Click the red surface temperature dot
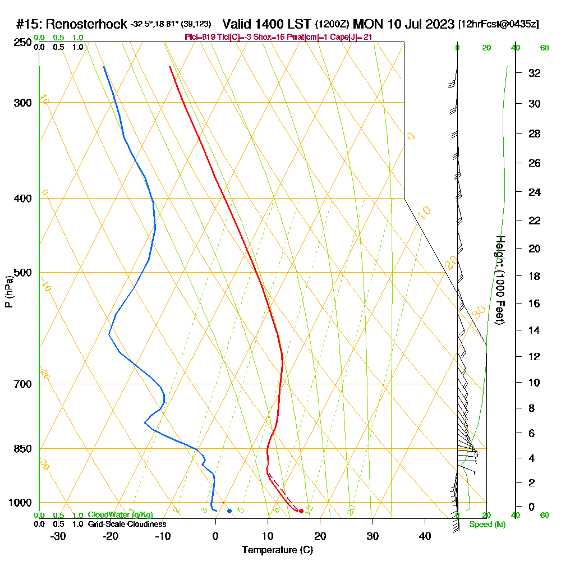(301, 511)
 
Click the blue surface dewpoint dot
(229, 511)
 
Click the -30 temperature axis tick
(58, 536)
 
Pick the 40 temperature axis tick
(425, 536)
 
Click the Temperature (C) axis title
(277, 550)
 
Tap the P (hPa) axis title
(8, 292)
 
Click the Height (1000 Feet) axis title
(500, 280)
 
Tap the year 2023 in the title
(439, 25)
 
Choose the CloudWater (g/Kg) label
(120, 515)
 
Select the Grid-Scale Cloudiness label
(126, 524)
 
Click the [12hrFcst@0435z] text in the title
(499, 25)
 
